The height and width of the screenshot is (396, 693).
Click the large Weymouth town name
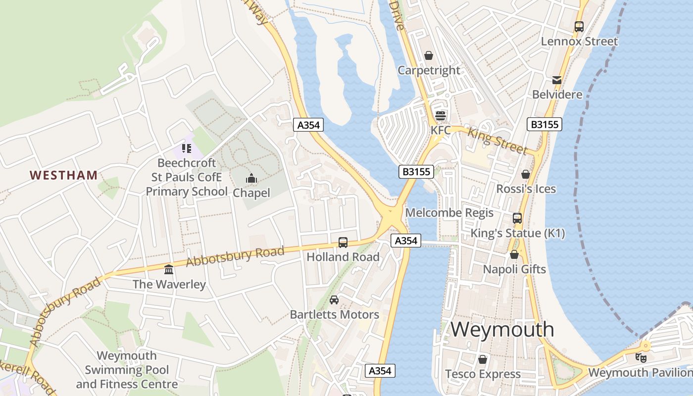(x=502, y=329)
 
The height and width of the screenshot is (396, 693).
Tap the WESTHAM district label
(x=63, y=175)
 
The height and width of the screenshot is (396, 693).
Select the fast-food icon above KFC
(x=440, y=116)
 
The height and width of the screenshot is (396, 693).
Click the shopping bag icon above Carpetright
(x=429, y=55)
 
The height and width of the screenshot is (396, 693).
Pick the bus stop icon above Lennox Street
(x=579, y=27)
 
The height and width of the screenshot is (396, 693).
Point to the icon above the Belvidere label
(x=557, y=80)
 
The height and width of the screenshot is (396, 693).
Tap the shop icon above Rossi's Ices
(x=526, y=174)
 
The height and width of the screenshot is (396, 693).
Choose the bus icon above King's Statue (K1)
(x=517, y=218)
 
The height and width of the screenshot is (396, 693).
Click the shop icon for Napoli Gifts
(x=514, y=254)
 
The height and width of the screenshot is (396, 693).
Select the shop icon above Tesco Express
(x=483, y=359)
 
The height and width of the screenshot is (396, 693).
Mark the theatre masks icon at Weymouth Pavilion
(x=641, y=357)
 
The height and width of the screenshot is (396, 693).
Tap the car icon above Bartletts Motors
(x=334, y=299)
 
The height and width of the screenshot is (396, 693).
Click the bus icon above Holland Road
(x=343, y=242)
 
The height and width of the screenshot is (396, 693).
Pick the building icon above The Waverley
(x=169, y=269)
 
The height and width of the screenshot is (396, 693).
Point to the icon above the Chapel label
(x=251, y=178)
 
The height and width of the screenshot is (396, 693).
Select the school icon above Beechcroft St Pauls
(x=186, y=148)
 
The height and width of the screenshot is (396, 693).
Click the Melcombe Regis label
(x=449, y=213)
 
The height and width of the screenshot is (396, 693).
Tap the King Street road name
(x=497, y=141)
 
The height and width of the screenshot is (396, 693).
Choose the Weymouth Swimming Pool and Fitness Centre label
(x=127, y=370)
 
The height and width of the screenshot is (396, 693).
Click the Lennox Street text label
(x=579, y=41)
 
